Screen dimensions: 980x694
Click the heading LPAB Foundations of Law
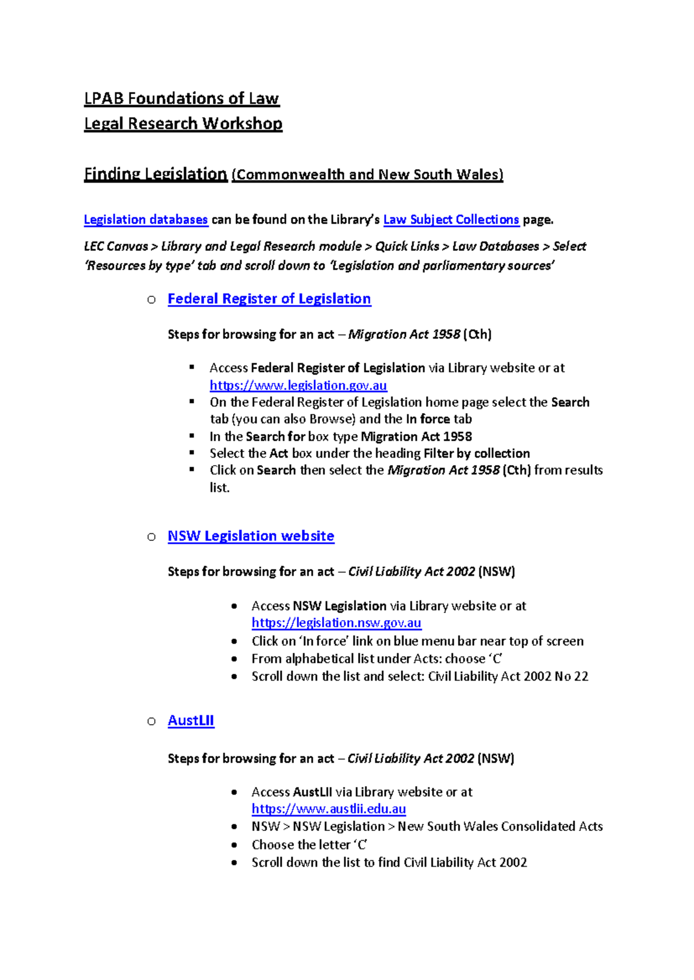point(181,99)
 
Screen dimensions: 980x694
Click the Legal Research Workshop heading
point(183,124)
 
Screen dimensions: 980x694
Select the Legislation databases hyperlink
point(146,220)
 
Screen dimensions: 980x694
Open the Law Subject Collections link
point(451,220)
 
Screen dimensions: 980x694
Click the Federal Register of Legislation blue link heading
point(269,299)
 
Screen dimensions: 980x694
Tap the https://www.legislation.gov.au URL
point(298,385)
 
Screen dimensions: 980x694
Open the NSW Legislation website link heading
point(250,536)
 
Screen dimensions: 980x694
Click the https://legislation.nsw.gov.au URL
point(336,623)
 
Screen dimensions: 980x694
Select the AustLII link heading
point(191,721)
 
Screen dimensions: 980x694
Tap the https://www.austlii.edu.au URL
point(328,809)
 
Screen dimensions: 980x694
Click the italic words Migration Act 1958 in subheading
point(404,335)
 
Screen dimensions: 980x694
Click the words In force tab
point(438,419)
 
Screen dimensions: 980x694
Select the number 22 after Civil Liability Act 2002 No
point(581,677)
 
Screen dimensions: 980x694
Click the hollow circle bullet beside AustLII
point(152,721)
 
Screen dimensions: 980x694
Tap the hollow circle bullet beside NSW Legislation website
point(152,537)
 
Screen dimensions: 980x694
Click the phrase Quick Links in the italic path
point(407,247)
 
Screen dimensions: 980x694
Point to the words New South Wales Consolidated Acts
point(500,827)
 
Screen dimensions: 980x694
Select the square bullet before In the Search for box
point(192,436)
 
